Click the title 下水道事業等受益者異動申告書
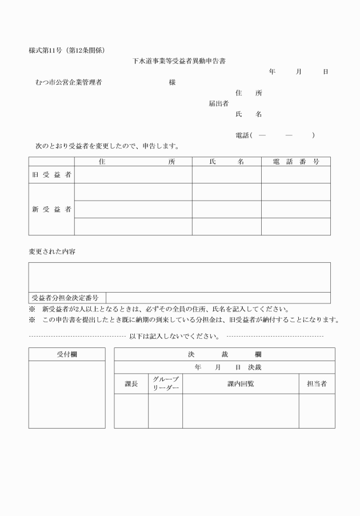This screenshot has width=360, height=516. pos(179,61)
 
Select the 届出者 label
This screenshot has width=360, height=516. pos(218,103)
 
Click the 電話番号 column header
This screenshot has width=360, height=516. pos(296,162)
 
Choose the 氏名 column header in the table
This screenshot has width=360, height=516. pos(226,162)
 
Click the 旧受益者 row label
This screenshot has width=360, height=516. pos(51,175)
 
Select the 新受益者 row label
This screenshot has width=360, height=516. pos(51,209)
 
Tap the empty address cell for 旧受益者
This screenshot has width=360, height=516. pos(133,175)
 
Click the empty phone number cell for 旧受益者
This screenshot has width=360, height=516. pos(296,175)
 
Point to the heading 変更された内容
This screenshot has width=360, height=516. pos(52,251)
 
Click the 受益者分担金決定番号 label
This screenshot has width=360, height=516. pos(65,298)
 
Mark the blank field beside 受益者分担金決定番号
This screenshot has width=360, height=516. pos(218,298)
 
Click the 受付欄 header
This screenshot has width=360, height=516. pos(67,354)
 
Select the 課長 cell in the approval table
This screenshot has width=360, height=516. pos(131,384)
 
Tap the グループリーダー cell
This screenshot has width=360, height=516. pos(166,384)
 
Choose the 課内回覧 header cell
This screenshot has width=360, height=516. pos(241,384)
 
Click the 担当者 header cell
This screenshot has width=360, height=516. pos(317,384)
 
